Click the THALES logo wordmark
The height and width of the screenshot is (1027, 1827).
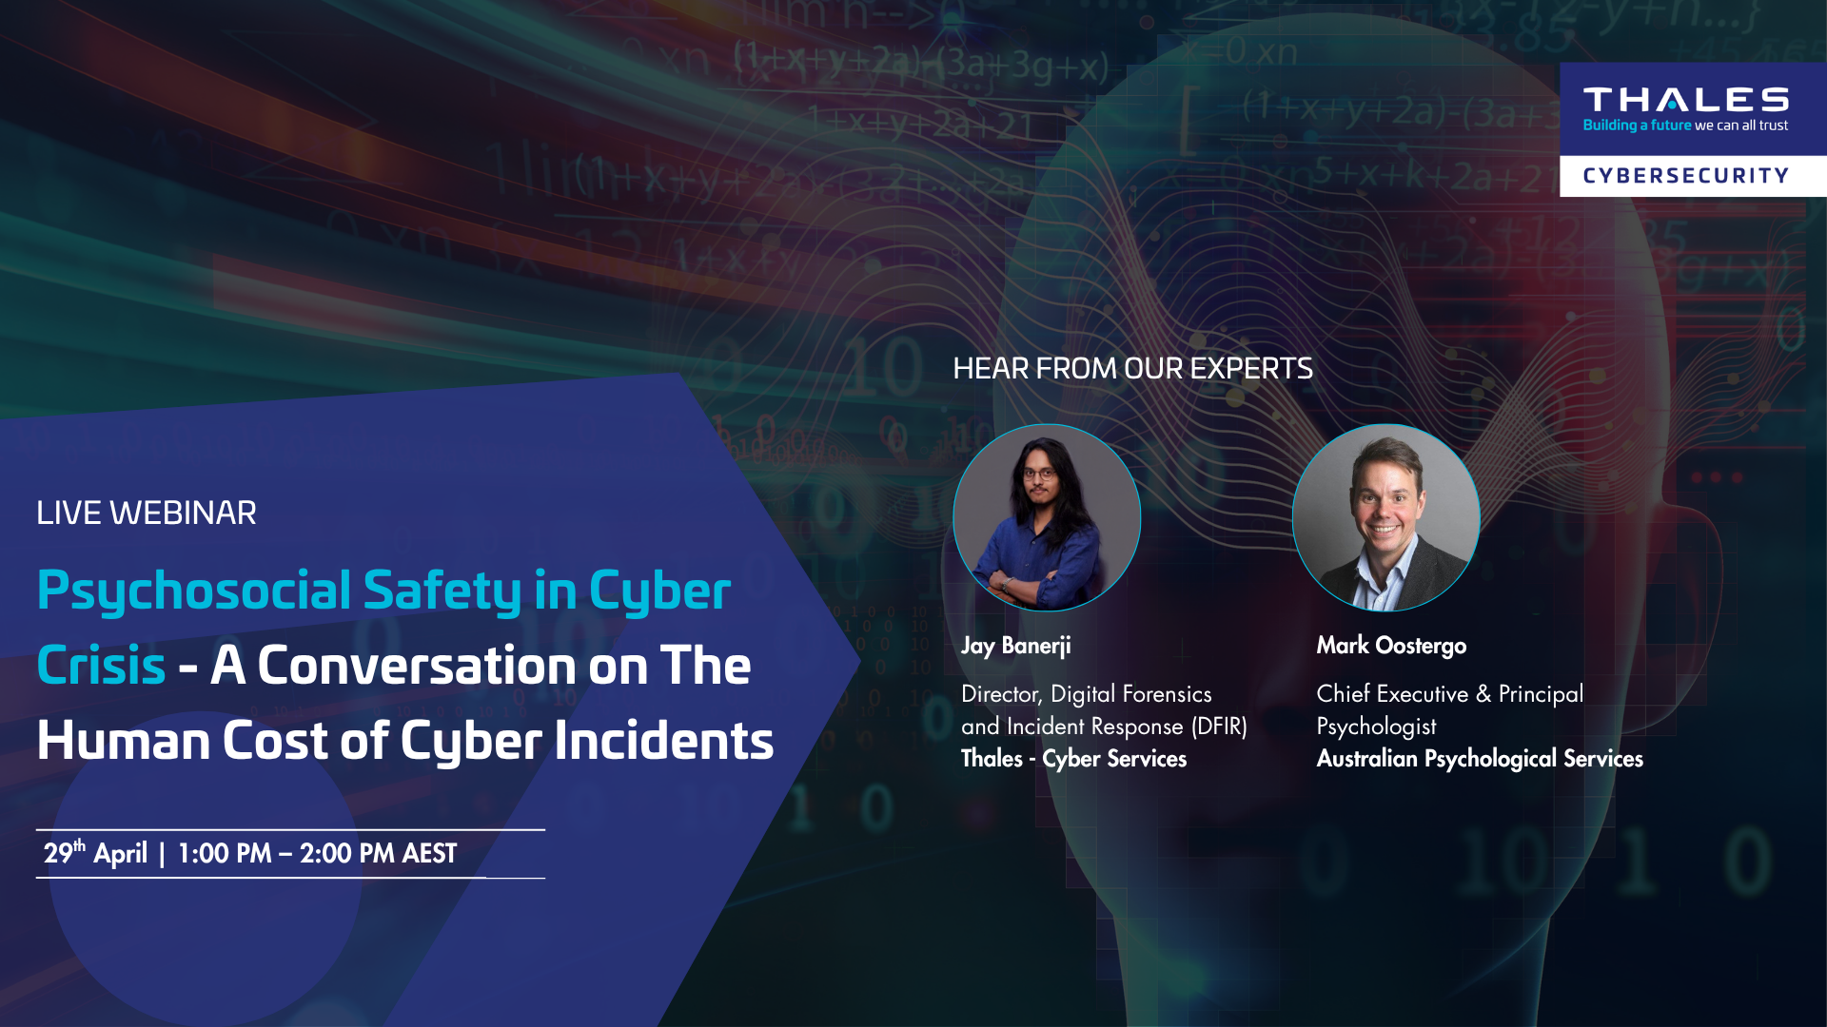[1685, 100]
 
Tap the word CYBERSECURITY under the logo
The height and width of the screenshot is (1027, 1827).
[1685, 176]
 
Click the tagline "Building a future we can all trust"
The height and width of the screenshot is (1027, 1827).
[1685, 126]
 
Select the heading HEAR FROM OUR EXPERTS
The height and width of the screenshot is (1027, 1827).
[1132, 368]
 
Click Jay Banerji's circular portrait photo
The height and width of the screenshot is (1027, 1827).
[1047, 517]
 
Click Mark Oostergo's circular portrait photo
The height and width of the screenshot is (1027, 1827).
[1385, 517]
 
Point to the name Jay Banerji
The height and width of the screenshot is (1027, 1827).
[1015, 646]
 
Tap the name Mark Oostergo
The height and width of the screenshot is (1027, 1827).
[1391, 646]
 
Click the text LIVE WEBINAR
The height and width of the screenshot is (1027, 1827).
[147, 513]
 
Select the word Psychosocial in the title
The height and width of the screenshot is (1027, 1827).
[194, 591]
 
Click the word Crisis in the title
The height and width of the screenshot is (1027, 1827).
[101, 665]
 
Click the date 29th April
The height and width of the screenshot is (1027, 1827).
[95, 852]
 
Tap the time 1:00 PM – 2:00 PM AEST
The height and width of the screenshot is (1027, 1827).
[318, 853]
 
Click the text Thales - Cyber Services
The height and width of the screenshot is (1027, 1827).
[1073, 758]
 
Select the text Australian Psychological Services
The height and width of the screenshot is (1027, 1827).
[1480, 758]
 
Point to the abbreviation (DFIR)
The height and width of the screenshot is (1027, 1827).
[1219, 727]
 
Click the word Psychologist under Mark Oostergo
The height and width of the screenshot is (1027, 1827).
[1376, 727]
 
